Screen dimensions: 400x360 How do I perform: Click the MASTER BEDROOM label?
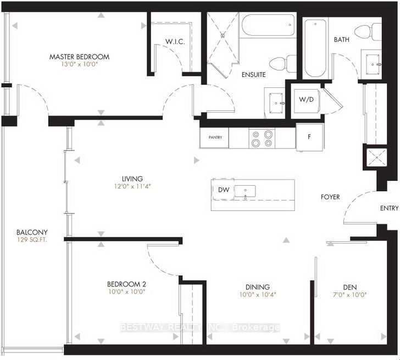79,57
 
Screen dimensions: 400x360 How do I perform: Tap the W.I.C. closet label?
175,42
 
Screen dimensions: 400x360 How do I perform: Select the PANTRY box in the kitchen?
214,137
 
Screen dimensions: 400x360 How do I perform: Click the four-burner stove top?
262,139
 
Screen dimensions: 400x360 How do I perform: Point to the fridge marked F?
309,137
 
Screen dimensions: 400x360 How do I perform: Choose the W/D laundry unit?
307,101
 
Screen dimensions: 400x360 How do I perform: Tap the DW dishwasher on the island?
224,189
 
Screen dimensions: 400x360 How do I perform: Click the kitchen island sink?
245,191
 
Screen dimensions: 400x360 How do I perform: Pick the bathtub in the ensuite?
268,25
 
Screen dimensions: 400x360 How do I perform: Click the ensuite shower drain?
224,36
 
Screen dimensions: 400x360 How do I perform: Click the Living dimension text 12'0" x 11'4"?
132,186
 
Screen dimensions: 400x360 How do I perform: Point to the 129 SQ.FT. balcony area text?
32,240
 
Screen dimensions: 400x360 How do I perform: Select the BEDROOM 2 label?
126,284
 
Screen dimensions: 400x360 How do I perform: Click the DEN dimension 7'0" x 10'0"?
350,295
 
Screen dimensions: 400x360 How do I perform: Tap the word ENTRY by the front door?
389,208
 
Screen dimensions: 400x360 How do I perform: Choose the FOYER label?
330,197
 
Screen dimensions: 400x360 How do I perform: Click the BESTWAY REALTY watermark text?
200,328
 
